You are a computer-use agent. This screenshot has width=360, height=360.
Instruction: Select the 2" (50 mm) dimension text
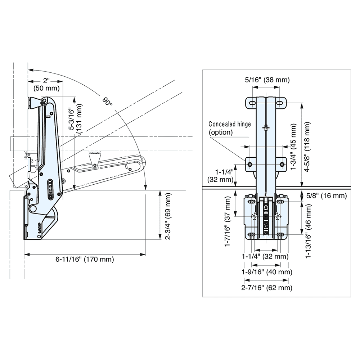pos(46,84)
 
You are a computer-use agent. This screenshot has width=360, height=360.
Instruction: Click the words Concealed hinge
pos(230,124)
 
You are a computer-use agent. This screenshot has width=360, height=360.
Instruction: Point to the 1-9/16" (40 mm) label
pos(266,272)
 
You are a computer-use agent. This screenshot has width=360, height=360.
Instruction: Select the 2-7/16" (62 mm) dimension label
pos(266,287)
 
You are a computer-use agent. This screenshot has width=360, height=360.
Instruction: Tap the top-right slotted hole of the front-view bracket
pos(280,103)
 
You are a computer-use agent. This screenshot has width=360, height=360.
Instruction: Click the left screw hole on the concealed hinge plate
pos(250,164)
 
